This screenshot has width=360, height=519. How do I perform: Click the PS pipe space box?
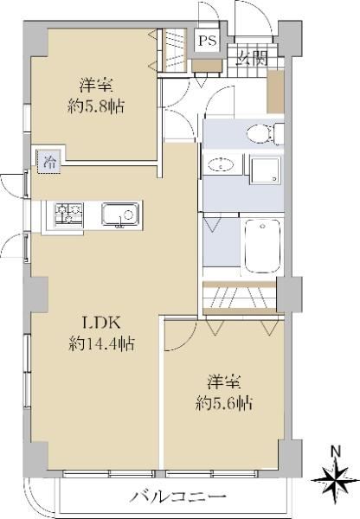tap(208, 41)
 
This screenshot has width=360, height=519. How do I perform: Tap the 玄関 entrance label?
tap(252, 59)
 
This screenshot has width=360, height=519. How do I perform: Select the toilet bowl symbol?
tap(266, 133)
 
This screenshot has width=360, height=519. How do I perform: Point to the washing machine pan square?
tap(266, 170)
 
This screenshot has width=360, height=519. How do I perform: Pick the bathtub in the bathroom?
tap(262, 246)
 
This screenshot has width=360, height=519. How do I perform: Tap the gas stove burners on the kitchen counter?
tap(69, 214)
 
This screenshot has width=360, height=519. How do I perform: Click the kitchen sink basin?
tap(120, 215)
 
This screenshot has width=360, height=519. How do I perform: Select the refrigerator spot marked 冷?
tap(48, 162)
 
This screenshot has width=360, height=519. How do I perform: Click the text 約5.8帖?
tap(96, 106)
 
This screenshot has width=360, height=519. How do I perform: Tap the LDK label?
tap(101, 323)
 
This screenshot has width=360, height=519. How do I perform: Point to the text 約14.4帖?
tap(101, 344)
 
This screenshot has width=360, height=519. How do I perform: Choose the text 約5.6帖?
tap(224, 403)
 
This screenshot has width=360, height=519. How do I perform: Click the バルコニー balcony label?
tap(178, 497)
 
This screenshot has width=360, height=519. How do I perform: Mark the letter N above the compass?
tap(337, 452)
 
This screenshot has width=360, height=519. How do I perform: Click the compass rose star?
tap(336, 479)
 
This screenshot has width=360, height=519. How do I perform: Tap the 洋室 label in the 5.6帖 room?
tap(224, 381)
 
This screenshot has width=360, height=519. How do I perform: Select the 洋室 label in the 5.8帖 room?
tap(96, 85)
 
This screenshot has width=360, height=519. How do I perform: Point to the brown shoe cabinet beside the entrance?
tap(275, 92)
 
